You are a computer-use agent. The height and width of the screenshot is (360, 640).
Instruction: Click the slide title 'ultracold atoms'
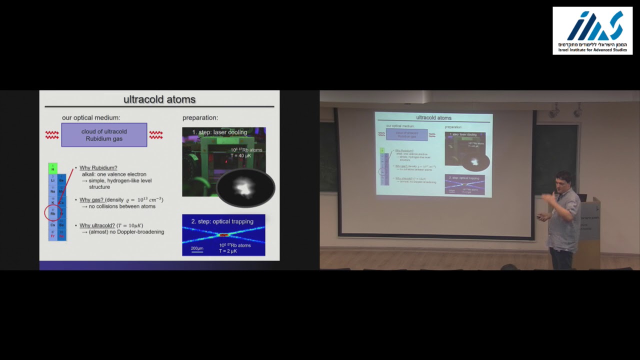click(x=159, y=99)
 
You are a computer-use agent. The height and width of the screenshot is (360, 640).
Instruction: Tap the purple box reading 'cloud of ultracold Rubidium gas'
click(x=104, y=135)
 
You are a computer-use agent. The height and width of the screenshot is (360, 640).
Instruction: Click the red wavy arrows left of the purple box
click(x=52, y=135)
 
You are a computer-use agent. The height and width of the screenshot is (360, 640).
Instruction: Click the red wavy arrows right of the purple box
click(x=156, y=135)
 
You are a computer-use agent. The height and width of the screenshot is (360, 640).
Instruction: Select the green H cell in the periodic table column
click(x=52, y=168)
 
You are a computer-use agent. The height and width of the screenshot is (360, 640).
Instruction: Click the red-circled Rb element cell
click(x=52, y=212)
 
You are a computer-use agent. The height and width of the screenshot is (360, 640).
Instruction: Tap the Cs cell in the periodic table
click(x=52, y=224)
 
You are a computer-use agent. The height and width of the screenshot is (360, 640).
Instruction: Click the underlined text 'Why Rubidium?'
click(x=98, y=168)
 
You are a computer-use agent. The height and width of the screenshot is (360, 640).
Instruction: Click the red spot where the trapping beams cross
click(x=223, y=234)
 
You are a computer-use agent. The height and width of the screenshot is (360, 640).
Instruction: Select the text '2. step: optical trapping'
click(x=222, y=221)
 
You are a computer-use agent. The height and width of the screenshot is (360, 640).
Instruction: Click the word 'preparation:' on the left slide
click(x=200, y=118)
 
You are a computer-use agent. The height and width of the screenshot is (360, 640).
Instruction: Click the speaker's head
click(x=564, y=180)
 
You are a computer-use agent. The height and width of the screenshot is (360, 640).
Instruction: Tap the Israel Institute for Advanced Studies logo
click(x=592, y=30)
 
